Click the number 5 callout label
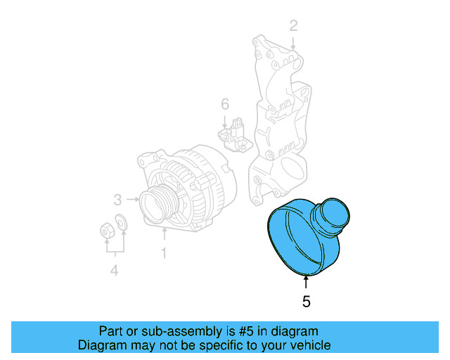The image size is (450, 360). click(306, 302)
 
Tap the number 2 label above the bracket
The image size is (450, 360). click(293, 27)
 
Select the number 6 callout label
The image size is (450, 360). click(225, 105)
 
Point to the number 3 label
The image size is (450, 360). click(118, 198)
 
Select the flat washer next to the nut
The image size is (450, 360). click(121, 223)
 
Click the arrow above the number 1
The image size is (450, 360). click(164, 233)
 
